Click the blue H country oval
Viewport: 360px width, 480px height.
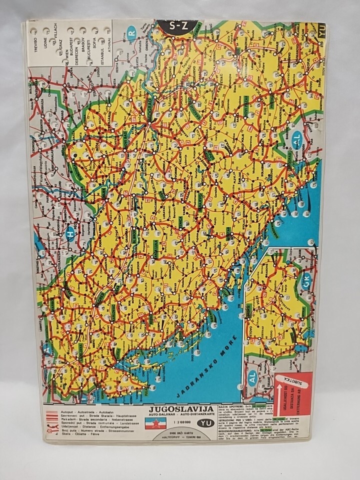pyautogui.click(x=70, y=233)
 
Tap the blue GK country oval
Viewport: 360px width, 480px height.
pyautogui.click(x=306, y=280)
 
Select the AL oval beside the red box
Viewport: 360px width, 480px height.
pyautogui.click(x=252, y=378)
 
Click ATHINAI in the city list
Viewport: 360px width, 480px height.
pyautogui.click(x=108, y=46)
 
